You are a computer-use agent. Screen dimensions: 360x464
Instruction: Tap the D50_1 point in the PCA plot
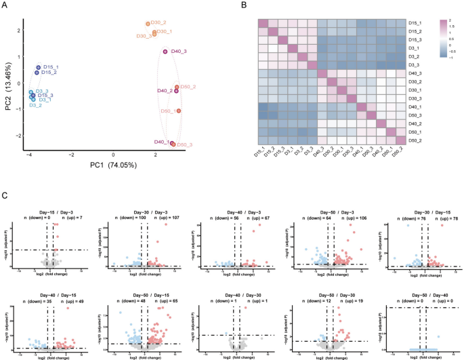[179, 111]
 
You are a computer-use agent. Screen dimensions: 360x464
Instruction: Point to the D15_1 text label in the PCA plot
[51, 67]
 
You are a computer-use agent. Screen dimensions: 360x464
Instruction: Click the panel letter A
[5, 5]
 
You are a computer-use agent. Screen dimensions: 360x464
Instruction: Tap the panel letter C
[5, 195]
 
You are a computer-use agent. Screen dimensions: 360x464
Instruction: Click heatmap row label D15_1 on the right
[416, 22]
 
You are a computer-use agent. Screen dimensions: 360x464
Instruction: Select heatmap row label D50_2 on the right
[416, 139]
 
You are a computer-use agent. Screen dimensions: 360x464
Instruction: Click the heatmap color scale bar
[443, 41]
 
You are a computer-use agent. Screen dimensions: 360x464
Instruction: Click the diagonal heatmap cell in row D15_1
[263, 22]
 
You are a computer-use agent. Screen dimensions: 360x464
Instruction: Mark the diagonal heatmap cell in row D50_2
[396, 139]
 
